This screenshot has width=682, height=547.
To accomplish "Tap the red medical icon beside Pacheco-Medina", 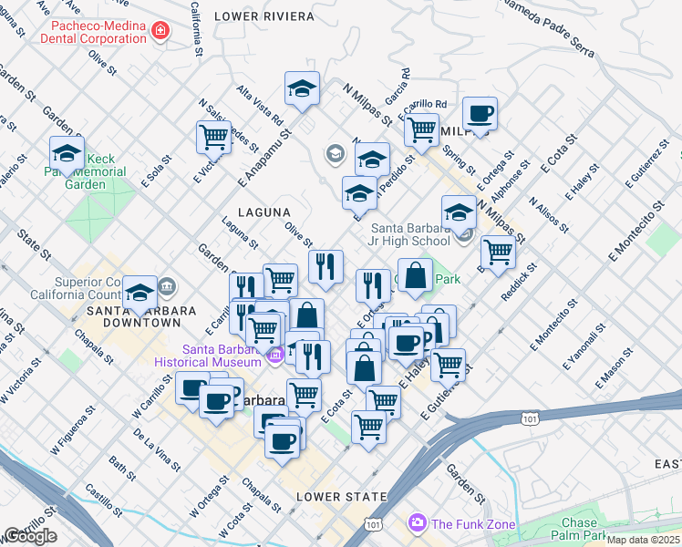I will coord(161,32).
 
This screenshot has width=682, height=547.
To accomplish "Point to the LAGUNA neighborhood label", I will coord(263,212).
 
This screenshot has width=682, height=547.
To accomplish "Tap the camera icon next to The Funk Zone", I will coord(418,522).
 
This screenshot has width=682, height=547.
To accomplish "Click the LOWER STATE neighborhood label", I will coord(335,497).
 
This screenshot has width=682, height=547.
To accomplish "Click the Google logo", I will coord(30,536).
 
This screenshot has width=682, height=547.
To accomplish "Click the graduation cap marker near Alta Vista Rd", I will coord(302,88).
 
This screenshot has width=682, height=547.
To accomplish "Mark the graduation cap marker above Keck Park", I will coord(67,153).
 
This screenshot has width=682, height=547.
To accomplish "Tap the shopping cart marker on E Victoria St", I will coord(213,137).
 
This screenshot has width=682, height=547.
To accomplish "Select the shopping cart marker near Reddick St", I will coord(498,251).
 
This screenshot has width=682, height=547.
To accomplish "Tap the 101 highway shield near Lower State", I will coord(372,525).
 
